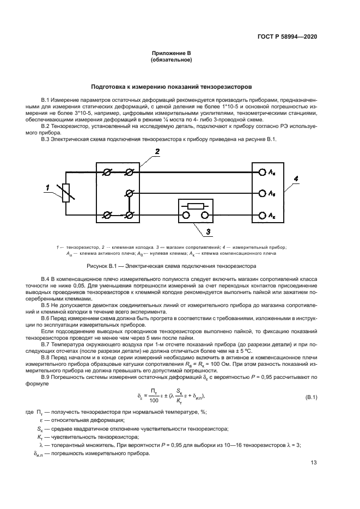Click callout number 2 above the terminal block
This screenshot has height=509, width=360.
157,152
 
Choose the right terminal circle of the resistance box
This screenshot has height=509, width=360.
205,215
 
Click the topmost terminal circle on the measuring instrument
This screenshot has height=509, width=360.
261,172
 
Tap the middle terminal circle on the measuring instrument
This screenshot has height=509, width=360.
261,193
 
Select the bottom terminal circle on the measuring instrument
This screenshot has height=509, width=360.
261,215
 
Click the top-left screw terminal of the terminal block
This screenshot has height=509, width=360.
107,172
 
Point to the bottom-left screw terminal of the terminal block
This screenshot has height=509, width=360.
107,215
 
